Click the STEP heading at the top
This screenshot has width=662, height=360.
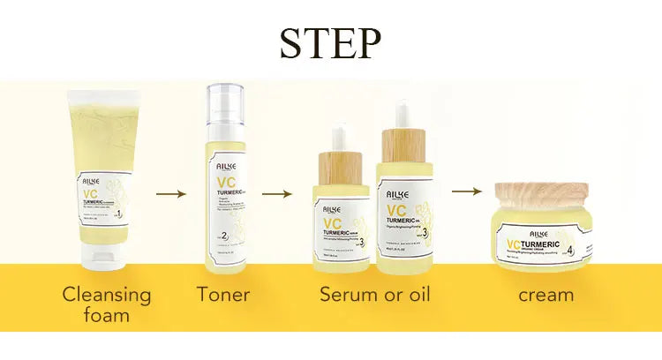[331, 43]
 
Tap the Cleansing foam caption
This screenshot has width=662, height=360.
[107, 304]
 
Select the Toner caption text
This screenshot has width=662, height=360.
[223, 295]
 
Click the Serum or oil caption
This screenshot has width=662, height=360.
[374, 295]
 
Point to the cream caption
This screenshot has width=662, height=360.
[545, 295]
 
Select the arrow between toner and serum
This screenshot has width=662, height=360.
[276, 191]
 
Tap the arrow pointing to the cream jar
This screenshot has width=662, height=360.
[466, 191]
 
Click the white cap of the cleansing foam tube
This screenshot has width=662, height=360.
[109, 259]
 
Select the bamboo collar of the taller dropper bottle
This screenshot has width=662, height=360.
[403, 145]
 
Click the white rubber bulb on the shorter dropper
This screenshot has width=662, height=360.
[342, 137]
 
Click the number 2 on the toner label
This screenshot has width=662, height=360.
[226, 236]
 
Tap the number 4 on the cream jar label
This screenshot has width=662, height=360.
[571, 250]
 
